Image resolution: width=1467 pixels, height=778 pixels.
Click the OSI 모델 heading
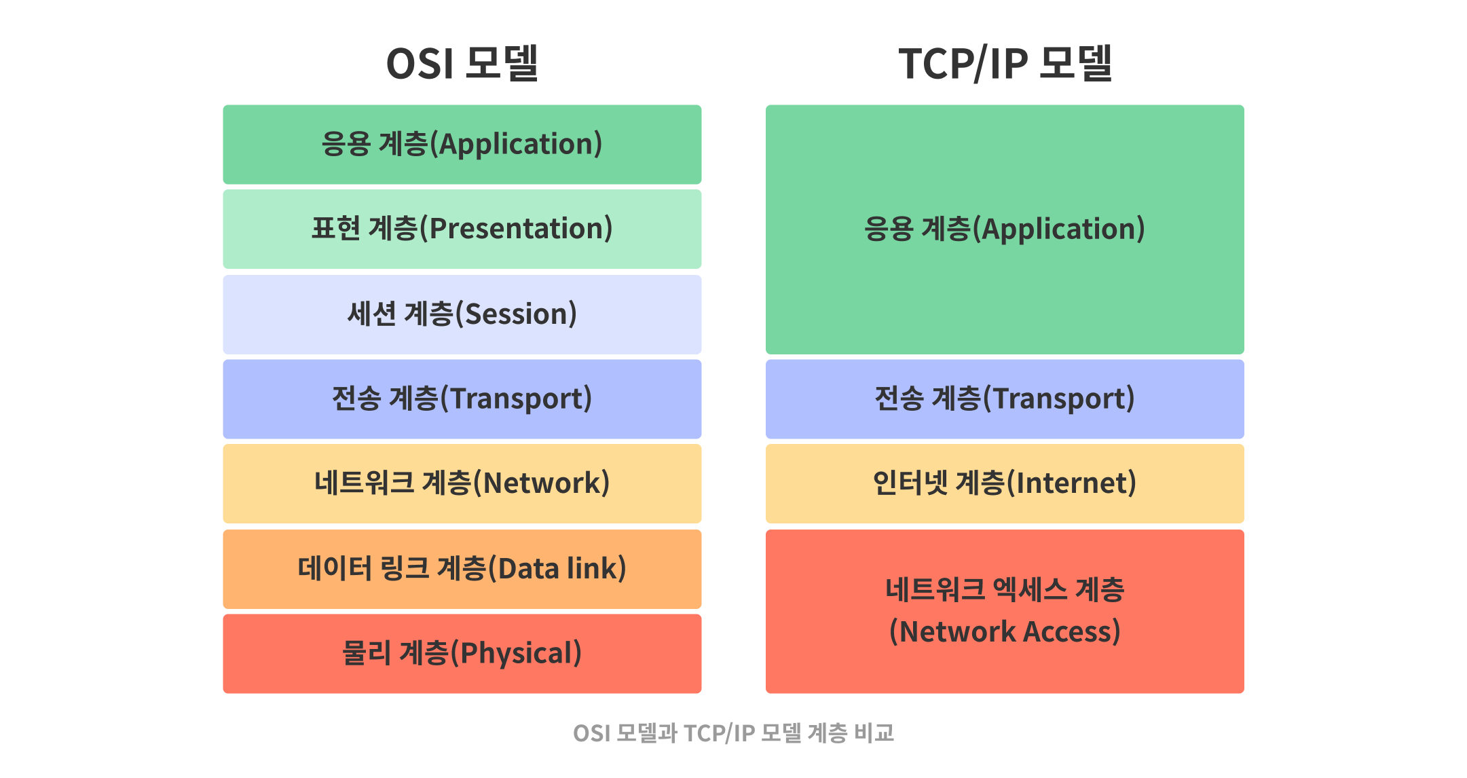point(462,64)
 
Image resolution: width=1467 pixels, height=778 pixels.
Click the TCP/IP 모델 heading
point(1005,64)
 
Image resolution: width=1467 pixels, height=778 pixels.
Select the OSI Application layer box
point(462,144)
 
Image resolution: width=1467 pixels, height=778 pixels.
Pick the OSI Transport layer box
point(462,399)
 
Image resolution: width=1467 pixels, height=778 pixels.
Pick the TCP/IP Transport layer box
point(1005,399)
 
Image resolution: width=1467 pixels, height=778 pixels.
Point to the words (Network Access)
point(1005,631)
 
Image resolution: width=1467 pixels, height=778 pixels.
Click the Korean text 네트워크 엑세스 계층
point(1005,589)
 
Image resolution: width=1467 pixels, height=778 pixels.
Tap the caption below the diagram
point(733,733)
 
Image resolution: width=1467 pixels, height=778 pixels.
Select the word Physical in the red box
point(517,653)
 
